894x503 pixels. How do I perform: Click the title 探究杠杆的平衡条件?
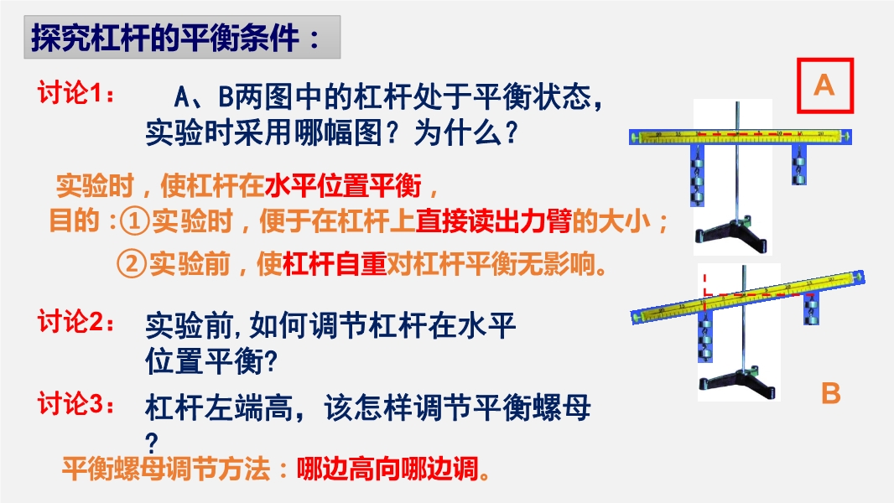point(164,38)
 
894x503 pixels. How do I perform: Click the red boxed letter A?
point(824,86)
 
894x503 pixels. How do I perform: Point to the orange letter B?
point(831,394)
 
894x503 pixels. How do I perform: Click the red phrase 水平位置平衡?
point(343,186)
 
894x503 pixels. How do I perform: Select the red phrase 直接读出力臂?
point(494,221)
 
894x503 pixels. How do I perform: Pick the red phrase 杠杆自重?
point(335,264)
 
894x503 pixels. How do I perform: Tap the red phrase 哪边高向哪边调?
point(387,469)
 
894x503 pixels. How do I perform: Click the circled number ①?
point(134,221)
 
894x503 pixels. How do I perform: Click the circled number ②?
point(132,264)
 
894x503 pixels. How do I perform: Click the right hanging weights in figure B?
point(811,309)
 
